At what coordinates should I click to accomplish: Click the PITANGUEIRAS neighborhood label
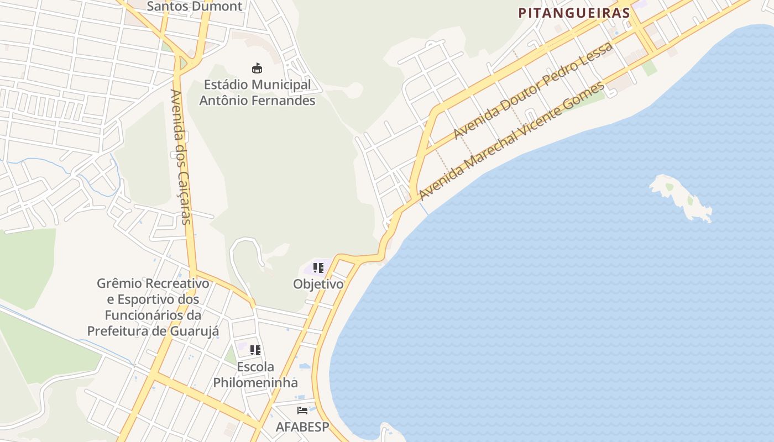coord(574,13)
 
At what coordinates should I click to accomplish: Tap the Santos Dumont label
coord(195,7)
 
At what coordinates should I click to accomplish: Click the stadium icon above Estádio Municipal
coord(257,69)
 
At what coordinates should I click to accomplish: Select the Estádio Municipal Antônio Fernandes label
coord(257,93)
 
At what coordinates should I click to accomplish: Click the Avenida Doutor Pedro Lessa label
coord(533,91)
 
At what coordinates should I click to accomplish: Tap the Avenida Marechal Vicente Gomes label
coord(511,141)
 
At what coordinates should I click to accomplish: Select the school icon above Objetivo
coord(318,268)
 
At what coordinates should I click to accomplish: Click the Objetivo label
coord(318,285)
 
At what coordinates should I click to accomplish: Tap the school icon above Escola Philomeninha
coord(255,350)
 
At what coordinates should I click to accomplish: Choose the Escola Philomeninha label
coord(255,375)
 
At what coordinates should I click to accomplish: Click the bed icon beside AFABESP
coord(302,410)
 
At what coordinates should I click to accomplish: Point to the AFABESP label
coord(302,427)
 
